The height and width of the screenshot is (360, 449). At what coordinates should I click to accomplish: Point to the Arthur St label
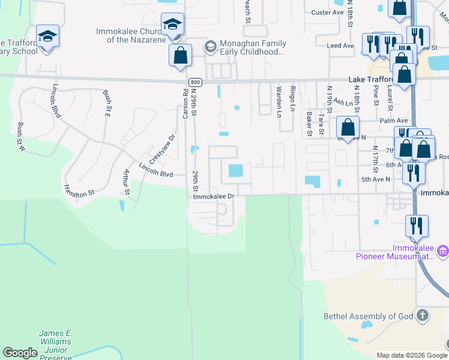tap(126, 182)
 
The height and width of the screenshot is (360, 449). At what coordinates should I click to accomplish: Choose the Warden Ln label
tap(279, 100)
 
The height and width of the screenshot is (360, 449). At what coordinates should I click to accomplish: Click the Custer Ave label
tap(326, 12)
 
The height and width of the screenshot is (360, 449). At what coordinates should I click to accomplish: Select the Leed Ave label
tap(340, 46)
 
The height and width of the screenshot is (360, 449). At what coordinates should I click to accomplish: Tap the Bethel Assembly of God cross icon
tap(423, 315)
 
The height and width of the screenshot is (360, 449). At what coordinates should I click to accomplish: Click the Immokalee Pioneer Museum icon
tap(443, 249)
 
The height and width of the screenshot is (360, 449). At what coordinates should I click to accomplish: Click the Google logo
tap(20, 353)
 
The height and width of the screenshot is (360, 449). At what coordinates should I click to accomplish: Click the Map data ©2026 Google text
tap(411, 355)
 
